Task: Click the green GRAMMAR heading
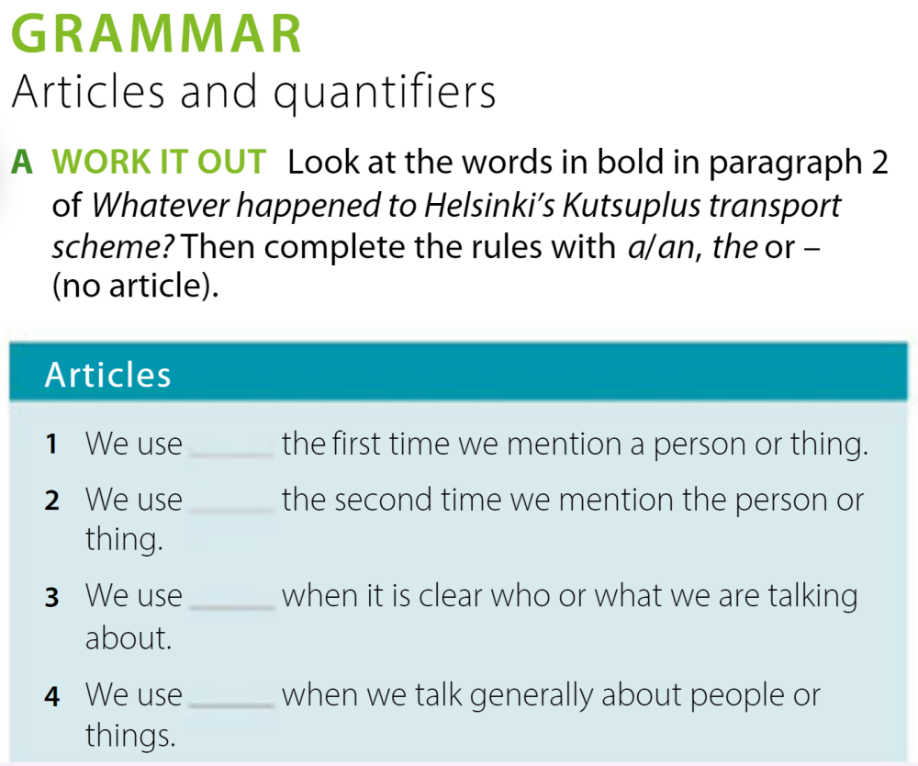tap(157, 35)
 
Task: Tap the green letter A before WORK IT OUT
tap(22, 163)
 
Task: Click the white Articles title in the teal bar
tap(108, 375)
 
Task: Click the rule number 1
tap(52, 445)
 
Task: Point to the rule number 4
tap(52, 697)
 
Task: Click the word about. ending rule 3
tap(129, 638)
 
